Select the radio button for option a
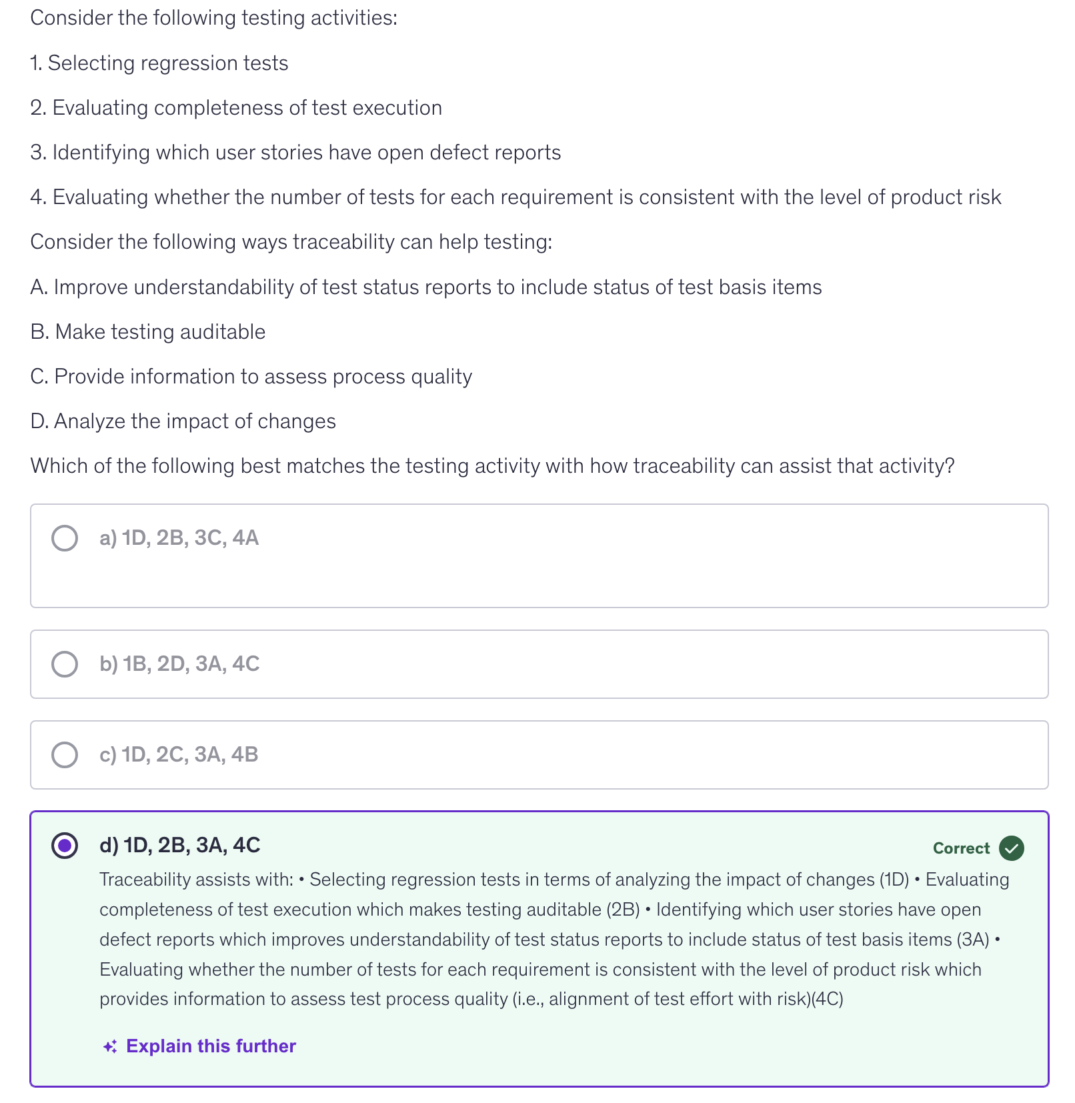65,538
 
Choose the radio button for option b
65,664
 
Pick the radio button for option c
65,755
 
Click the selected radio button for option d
65,846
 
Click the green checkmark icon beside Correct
1012,848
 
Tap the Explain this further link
211,1046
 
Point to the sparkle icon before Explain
110,1047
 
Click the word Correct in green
961,848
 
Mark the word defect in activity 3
456,153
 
